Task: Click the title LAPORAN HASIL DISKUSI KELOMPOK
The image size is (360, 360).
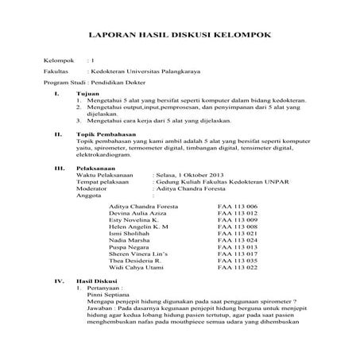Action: pyautogui.click(x=179, y=35)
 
